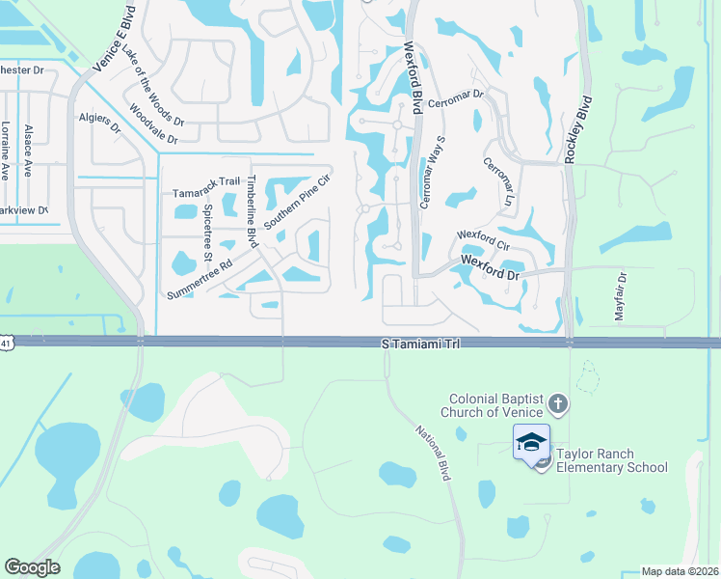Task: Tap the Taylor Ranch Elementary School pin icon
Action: pos(531,443)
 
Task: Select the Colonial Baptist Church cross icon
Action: pos(558,402)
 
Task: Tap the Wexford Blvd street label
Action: pos(414,77)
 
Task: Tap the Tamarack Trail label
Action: pos(205,180)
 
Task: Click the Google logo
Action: pos(32,567)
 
